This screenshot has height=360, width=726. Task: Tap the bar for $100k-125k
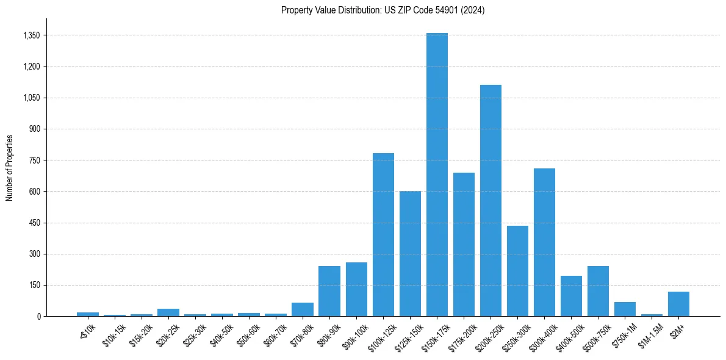383,234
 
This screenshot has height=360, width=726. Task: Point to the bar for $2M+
678,304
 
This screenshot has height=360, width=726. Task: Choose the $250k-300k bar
517,271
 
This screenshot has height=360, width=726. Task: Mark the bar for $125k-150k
410,253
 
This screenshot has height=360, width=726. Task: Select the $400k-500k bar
571,296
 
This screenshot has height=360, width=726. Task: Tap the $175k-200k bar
464,244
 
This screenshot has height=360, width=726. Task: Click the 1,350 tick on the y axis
31,35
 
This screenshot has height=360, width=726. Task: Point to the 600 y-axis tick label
34,192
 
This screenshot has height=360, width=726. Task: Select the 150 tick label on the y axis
34,285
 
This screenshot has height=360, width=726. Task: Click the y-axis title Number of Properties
10,167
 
